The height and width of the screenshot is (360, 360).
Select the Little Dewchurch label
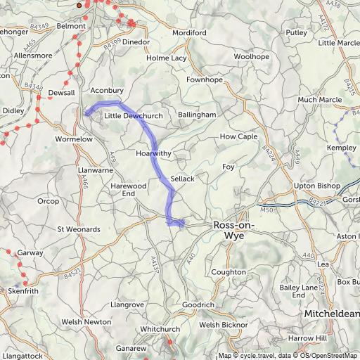(134, 115)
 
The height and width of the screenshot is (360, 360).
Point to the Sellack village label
(181, 179)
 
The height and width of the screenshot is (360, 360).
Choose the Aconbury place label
(107, 91)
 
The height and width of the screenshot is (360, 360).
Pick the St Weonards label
(79, 229)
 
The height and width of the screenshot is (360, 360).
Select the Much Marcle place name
(319, 100)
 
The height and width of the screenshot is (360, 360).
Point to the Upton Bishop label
(316, 186)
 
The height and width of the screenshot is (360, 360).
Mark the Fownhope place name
(205, 80)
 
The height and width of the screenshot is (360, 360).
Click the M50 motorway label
(265, 210)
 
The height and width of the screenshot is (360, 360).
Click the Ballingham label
(197, 114)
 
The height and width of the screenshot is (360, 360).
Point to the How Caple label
(239, 136)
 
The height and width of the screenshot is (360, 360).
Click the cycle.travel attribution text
(255, 356)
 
